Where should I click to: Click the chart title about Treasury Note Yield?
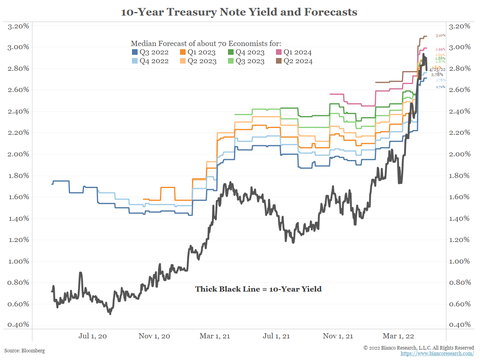point(239,12)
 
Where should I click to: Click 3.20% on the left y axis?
point(18,26)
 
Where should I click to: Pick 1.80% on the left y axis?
point(18,176)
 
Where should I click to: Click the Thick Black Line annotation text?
point(258,289)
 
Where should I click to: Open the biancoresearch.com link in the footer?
point(437,354)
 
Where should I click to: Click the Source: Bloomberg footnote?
point(24,351)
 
